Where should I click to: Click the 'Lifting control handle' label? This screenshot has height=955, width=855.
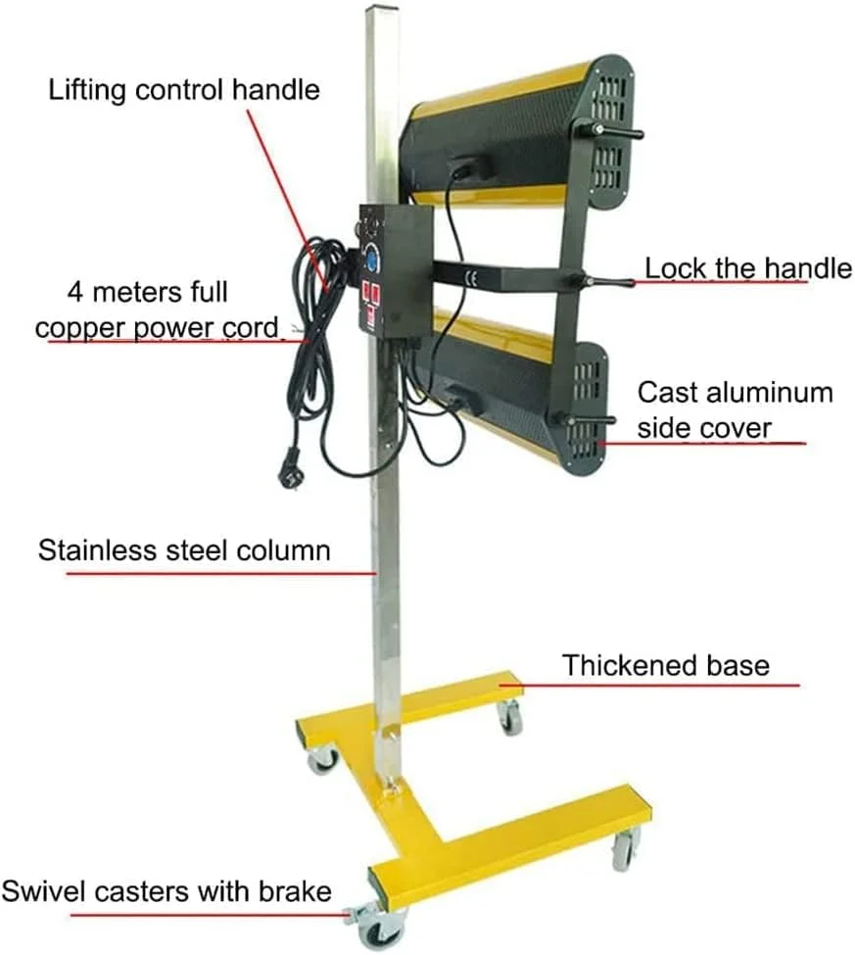point(184,89)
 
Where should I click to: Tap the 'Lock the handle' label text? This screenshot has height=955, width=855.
point(748,268)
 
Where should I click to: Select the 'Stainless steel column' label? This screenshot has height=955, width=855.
point(184,549)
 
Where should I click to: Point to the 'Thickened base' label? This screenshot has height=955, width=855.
point(666,664)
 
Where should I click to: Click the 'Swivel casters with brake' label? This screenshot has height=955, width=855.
point(166,891)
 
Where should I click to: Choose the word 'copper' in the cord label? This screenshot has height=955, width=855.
point(80,329)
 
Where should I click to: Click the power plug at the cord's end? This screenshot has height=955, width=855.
point(290,467)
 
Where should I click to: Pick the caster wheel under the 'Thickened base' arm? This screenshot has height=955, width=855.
point(509,717)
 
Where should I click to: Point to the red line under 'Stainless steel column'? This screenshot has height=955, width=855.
point(221,573)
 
